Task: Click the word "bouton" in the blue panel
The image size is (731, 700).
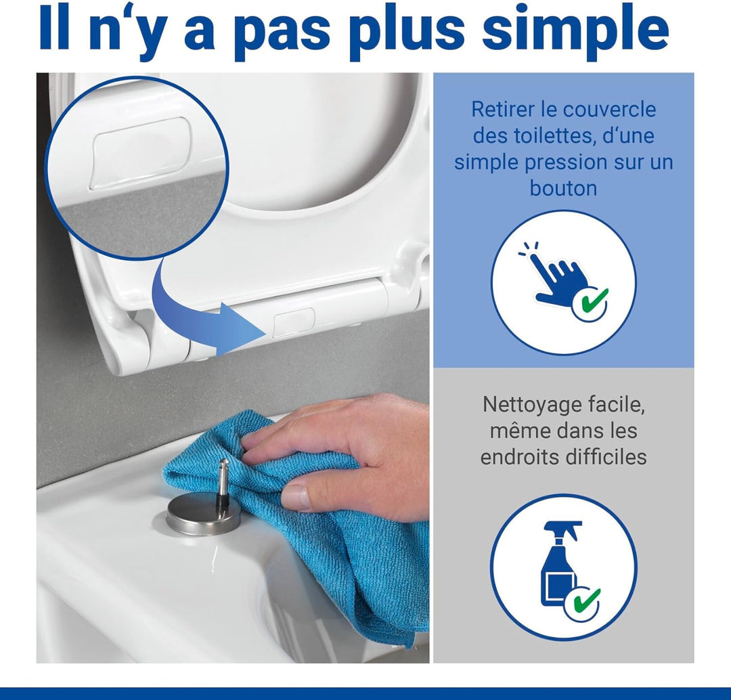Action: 563,188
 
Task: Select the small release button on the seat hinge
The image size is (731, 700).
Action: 293,322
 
